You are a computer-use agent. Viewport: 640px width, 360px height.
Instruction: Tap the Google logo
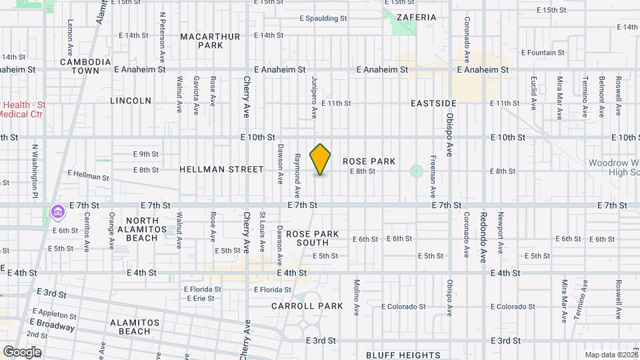tap(21, 352)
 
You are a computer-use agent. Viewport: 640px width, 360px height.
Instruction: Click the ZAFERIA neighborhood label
tap(416, 17)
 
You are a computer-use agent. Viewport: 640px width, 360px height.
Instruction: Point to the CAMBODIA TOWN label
tap(85, 66)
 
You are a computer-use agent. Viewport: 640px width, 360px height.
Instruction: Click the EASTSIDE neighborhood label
tap(433, 103)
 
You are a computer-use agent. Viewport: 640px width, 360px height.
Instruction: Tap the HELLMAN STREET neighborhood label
tap(221, 169)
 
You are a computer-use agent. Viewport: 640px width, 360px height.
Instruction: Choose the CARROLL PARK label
tap(307, 306)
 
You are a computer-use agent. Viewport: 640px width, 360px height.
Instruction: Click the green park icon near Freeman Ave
tap(417, 171)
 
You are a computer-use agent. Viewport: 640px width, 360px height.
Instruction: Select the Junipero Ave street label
tap(313, 97)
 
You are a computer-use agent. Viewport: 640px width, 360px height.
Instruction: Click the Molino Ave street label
tap(357, 297)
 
